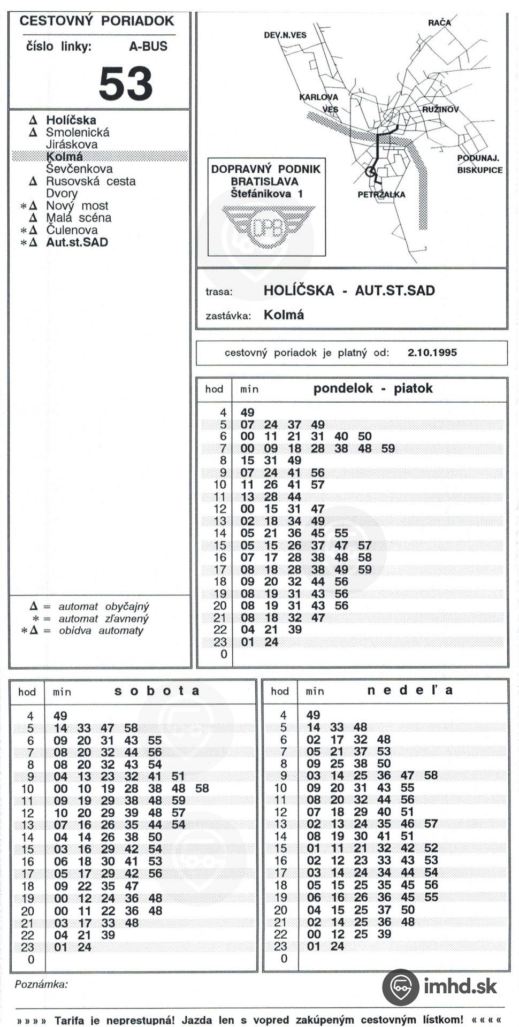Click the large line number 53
pyautogui.click(x=126, y=84)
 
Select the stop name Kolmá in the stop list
pyautogui.click(x=64, y=157)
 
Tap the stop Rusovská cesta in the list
pyautogui.click(x=90, y=181)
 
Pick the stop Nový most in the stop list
pyautogui.click(x=77, y=206)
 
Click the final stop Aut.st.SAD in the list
pyautogui.click(x=77, y=242)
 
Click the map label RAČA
pyautogui.click(x=439, y=22)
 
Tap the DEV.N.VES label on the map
pyautogui.click(x=285, y=35)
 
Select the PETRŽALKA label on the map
pyautogui.click(x=381, y=195)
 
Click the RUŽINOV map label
pyautogui.click(x=440, y=110)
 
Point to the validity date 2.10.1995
pyautogui.click(x=432, y=353)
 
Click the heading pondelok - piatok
pyautogui.click(x=372, y=389)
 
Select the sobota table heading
pyautogui.click(x=157, y=691)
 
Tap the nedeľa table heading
pyautogui.click(x=410, y=691)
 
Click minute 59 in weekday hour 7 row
pyautogui.click(x=388, y=449)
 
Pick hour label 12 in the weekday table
pyautogui.click(x=220, y=509)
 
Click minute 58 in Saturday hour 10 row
pyautogui.click(x=202, y=788)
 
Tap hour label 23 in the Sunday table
pyautogui.click(x=280, y=946)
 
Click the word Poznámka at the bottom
pyautogui.click(x=41, y=984)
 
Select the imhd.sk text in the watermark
pyautogui.click(x=460, y=986)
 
